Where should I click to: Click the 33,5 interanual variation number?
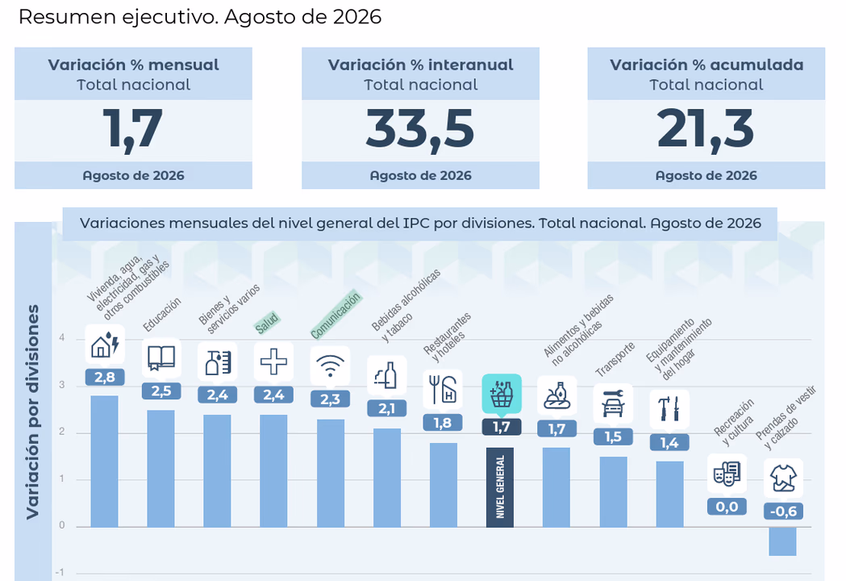click(420, 130)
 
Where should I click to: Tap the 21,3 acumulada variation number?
click(705, 130)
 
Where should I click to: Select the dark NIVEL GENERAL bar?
click(499, 487)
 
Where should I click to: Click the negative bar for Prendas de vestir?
click(782, 541)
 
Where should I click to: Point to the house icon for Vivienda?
click(105, 345)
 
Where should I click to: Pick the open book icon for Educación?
click(161, 358)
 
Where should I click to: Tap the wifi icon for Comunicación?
click(330, 366)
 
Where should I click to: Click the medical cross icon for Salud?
click(273, 362)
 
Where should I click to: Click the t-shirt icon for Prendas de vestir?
click(783, 478)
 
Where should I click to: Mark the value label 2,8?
click(105, 377)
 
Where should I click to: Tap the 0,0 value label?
click(727, 507)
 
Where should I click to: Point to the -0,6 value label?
click(783, 511)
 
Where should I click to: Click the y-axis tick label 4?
click(62, 338)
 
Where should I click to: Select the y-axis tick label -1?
click(60, 572)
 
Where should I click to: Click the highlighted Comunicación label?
click(335, 315)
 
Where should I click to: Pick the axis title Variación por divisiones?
click(32, 412)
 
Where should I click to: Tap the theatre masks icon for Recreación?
click(727, 474)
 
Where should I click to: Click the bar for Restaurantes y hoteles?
click(444, 485)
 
